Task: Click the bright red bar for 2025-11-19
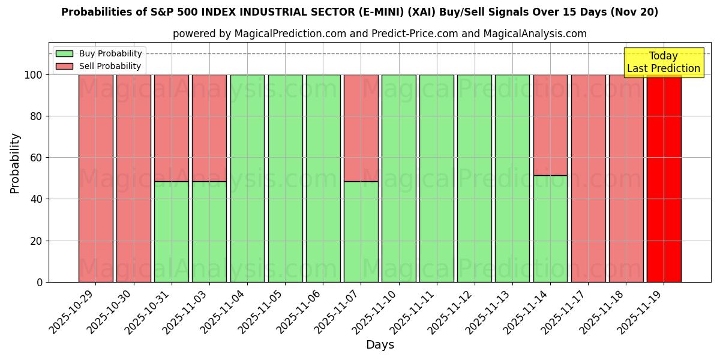coord(664,178)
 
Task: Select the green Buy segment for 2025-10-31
coord(171,232)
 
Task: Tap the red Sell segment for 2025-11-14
coord(550,125)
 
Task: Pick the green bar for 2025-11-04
coord(247,178)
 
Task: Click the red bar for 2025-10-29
coord(95,178)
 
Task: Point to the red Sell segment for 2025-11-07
coord(361,128)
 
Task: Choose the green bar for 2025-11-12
coord(474,178)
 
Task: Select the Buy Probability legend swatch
coord(64,54)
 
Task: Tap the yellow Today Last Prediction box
coord(663,62)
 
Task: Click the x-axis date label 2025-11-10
coord(377,311)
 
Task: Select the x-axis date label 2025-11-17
coord(566,311)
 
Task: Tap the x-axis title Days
coord(380,345)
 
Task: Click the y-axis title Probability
coord(15,163)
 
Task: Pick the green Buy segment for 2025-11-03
coord(209,232)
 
